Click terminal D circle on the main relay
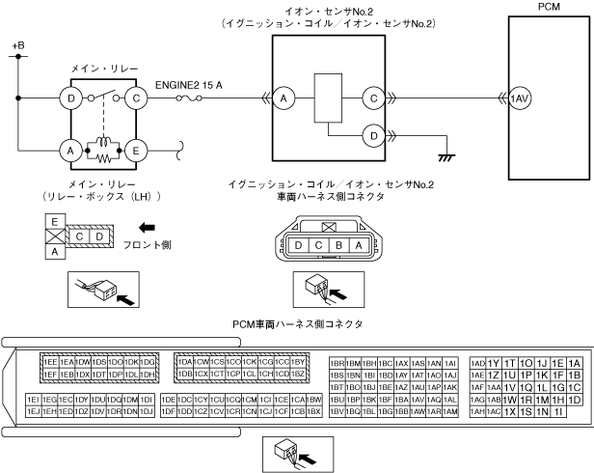click(70, 97)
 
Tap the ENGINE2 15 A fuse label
click(189, 84)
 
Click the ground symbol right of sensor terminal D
click(445, 153)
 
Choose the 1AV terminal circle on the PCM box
click(521, 98)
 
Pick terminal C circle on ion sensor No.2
click(372, 97)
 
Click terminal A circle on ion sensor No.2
click(283, 97)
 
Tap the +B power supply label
click(15, 46)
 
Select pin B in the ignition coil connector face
click(339, 245)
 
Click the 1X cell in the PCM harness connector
click(510, 411)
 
